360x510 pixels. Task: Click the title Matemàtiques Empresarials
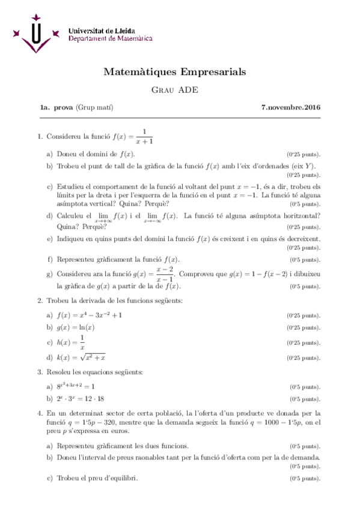(x=175, y=72)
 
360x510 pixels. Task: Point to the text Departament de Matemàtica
(x=110, y=38)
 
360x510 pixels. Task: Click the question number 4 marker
(x=39, y=413)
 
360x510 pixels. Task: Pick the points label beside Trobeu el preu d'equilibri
(x=305, y=479)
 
